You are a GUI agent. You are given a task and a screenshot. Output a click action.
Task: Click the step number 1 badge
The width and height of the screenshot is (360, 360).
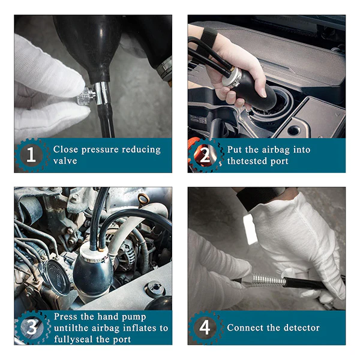point(31,155)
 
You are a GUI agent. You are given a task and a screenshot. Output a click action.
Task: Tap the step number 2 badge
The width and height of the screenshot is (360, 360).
point(205,155)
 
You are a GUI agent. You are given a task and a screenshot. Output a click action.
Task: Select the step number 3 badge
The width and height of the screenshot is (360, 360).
point(32,327)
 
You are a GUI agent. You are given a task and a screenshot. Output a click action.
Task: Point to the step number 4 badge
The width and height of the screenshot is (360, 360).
point(205,328)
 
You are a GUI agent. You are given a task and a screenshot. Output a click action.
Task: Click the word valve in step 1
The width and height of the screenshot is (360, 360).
point(65,160)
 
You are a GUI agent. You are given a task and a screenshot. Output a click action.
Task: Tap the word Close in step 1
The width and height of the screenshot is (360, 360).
point(65,149)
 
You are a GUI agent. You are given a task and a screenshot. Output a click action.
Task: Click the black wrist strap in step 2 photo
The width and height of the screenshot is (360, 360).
point(209,37)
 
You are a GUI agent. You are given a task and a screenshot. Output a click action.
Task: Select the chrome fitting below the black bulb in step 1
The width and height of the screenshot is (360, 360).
point(103,93)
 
